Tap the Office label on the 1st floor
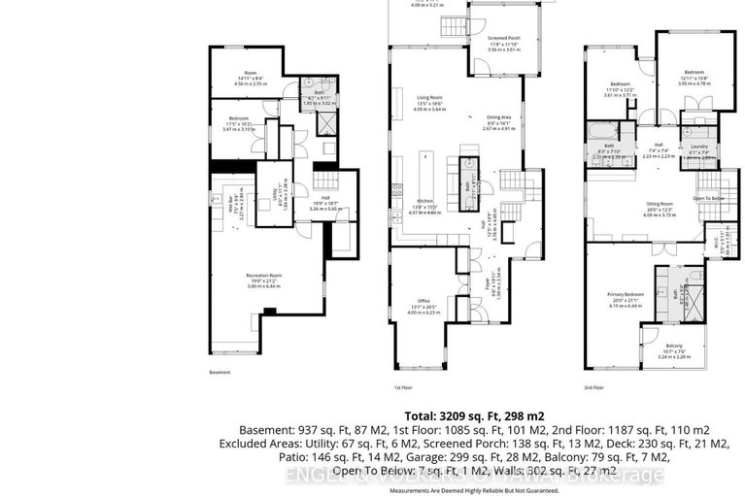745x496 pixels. [x=418, y=303]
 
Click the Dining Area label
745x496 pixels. [x=499, y=117]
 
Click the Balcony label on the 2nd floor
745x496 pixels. [x=674, y=347]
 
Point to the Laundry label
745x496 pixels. [x=697, y=146]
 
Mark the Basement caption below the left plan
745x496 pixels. [x=220, y=372]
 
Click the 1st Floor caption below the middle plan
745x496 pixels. [x=403, y=387]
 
